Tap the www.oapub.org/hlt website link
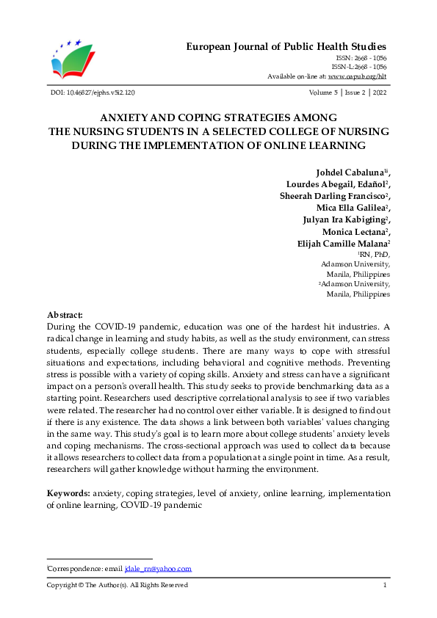click(357, 76)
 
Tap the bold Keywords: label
click(69, 494)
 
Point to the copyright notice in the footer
click(118, 585)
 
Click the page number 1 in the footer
click(385, 585)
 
